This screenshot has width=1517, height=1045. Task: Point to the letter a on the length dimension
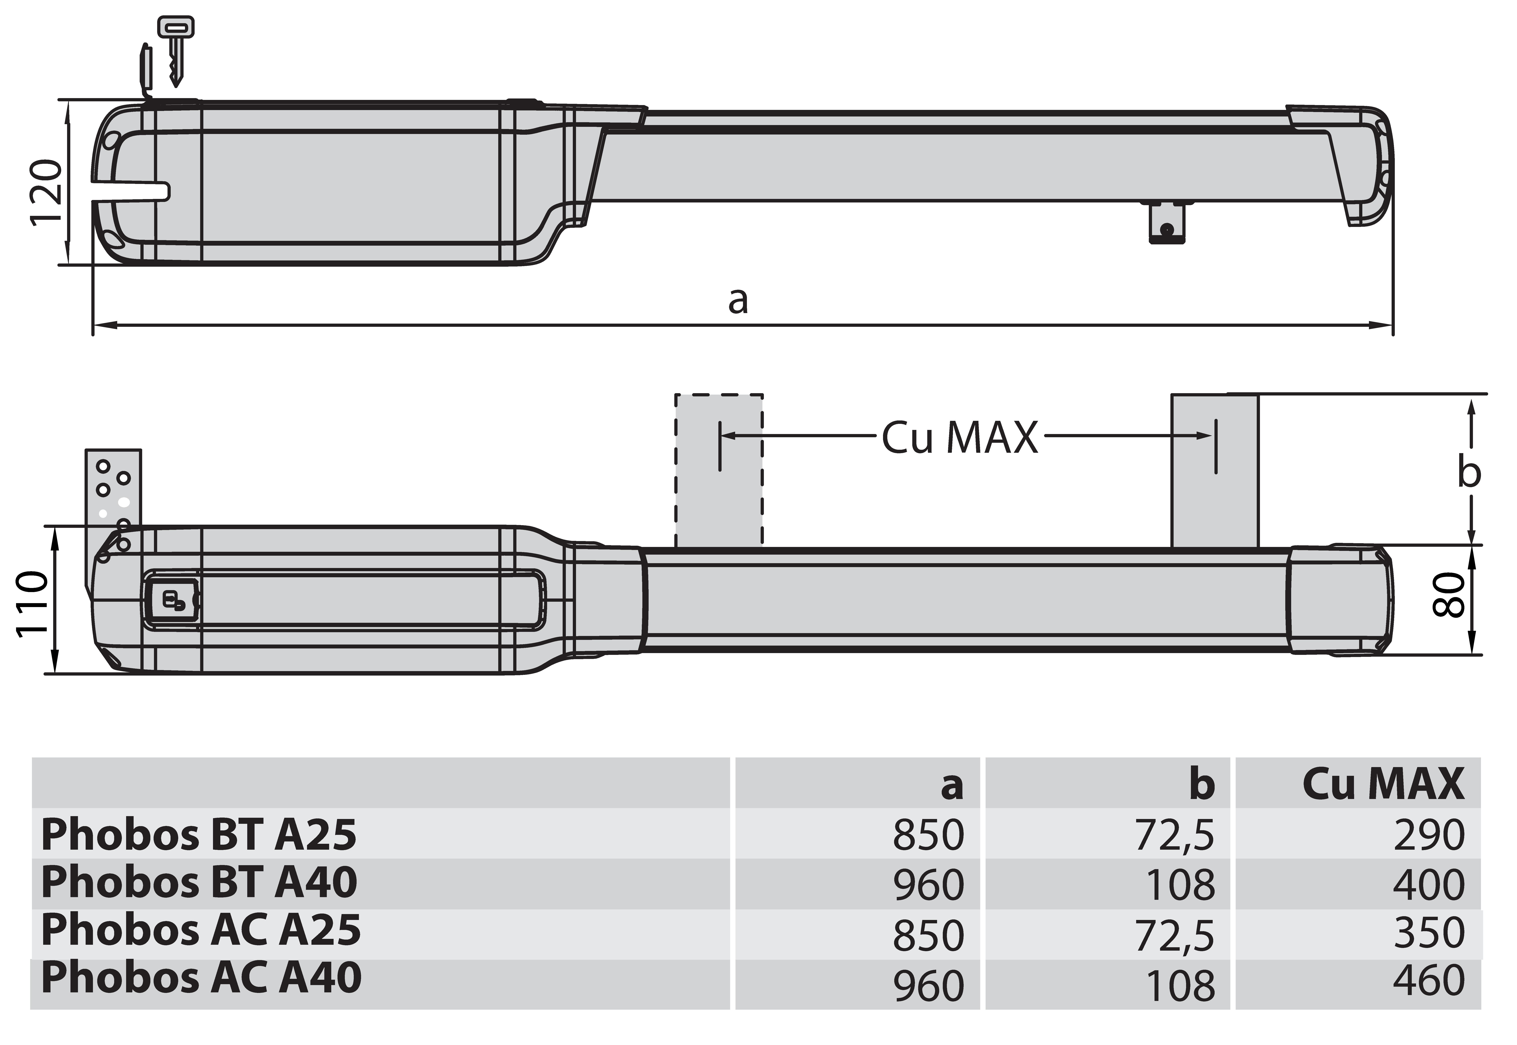coord(738,301)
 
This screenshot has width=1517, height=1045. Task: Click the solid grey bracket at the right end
coord(1214,470)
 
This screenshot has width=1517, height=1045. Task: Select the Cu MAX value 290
coord(1429,835)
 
